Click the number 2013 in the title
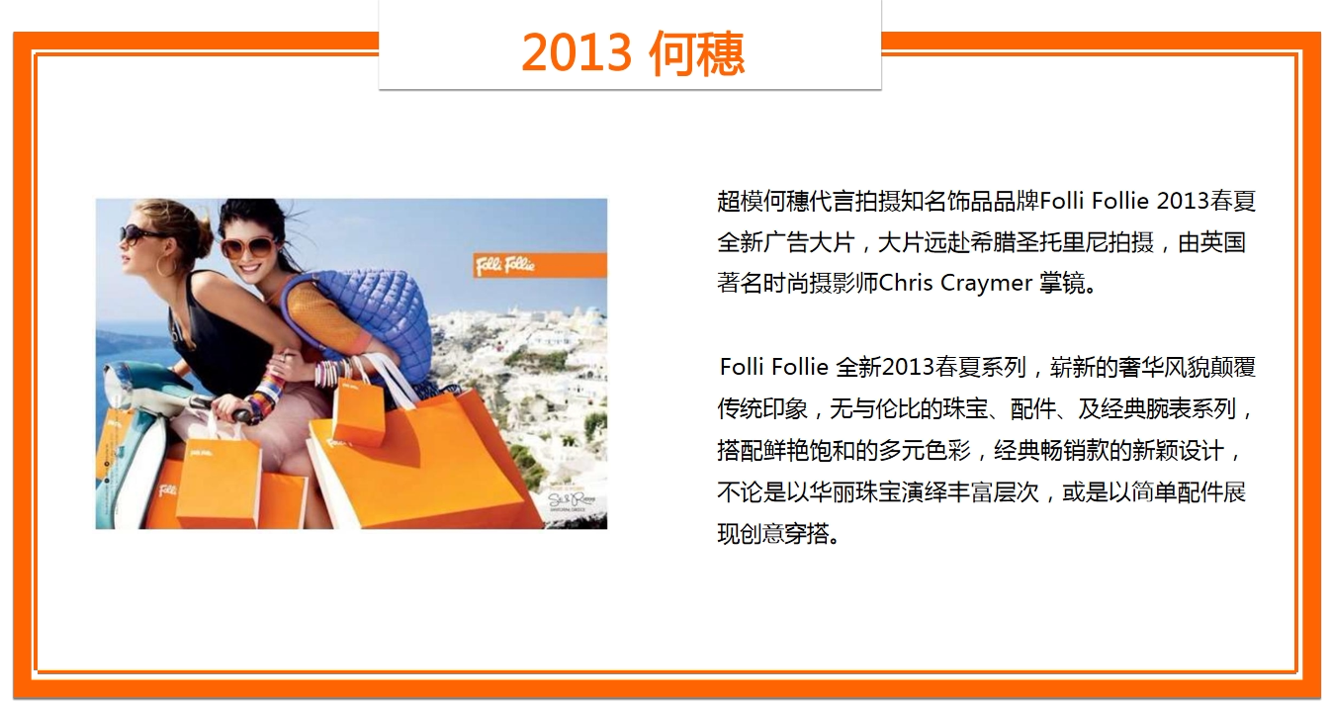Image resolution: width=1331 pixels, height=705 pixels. [577, 52]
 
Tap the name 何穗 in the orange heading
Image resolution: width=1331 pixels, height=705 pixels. [696, 53]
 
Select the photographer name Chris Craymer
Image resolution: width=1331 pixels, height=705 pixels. [955, 283]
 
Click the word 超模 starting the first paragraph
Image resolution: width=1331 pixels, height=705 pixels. [740, 202]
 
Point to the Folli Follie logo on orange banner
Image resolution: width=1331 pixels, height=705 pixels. [505, 265]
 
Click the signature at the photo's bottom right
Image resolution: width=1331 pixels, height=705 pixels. [572, 500]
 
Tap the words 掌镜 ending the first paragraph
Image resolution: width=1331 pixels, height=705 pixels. [1062, 283]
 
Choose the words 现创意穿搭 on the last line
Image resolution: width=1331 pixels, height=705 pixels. [773, 533]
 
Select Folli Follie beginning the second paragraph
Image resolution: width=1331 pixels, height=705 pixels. [774, 367]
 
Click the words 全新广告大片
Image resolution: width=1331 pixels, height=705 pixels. [785, 242]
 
